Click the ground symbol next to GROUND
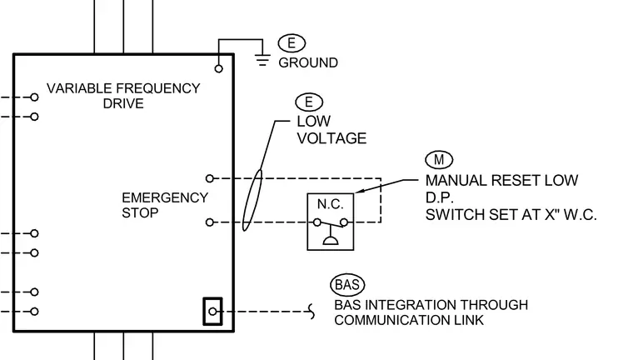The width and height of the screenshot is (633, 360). tap(262, 60)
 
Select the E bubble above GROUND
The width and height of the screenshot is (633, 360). tap(292, 42)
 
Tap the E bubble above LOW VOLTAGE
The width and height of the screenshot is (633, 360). tap(309, 102)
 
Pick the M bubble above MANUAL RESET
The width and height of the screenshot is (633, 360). tap(439, 160)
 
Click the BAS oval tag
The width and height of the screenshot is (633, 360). tap(347, 284)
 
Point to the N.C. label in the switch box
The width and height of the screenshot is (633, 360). tap(330, 204)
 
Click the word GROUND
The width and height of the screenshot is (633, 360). tap(308, 62)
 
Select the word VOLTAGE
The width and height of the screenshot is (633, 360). tap(331, 138)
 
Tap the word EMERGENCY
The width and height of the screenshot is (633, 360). tap(165, 197)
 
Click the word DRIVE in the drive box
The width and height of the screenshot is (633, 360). tap(123, 103)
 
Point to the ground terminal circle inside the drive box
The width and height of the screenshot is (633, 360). tap(218, 68)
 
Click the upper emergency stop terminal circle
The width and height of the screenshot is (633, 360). tap(210, 178)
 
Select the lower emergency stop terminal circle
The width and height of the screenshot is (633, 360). tap(210, 222)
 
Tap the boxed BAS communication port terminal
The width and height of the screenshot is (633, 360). tap(212, 312)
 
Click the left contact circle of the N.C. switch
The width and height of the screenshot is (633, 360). tap(317, 222)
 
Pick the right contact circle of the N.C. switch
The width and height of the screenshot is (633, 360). tap(344, 222)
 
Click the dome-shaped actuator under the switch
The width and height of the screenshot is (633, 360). tap(331, 241)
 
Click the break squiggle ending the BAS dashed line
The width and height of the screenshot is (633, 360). tap(312, 312)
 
